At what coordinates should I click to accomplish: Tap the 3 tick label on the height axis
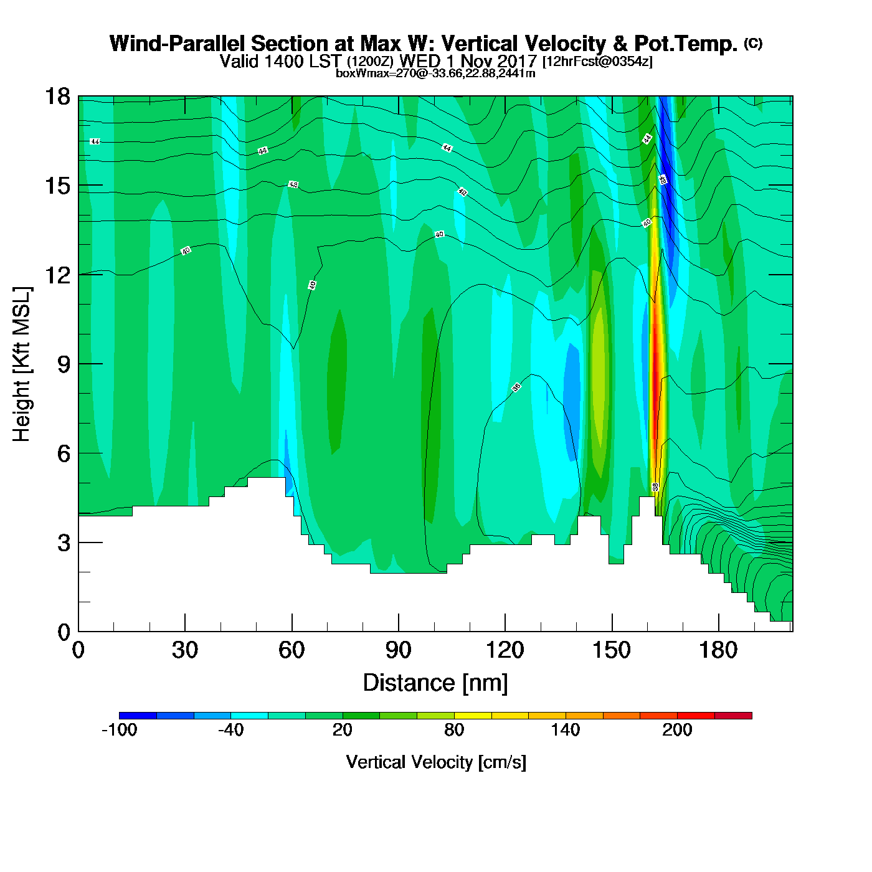coord(64,543)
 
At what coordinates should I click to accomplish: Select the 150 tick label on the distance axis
coord(612,650)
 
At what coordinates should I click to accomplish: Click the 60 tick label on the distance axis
coord(291,650)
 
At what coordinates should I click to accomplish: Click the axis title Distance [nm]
coord(435,683)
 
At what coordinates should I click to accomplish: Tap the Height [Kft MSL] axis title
coord(22,364)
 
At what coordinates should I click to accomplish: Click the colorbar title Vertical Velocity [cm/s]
coord(436,762)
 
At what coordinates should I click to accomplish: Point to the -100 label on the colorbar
coord(119,730)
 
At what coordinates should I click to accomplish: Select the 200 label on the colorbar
coord(677,730)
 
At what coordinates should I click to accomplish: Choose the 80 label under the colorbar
coord(454,730)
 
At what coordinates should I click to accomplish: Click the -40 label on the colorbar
coord(230,730)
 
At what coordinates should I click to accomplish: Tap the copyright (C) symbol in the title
coord(753,43)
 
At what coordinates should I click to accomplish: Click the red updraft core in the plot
coord(655,367)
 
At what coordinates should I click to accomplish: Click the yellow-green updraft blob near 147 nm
coord(600,374)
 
